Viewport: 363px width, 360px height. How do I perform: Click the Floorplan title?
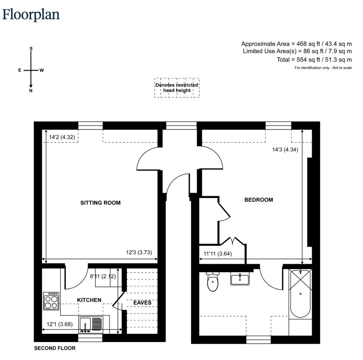pos(31,15)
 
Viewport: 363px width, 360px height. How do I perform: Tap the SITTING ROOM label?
pos(100,203)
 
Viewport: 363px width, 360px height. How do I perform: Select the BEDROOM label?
pos(259,200)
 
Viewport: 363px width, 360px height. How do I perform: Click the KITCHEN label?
pos(89,300)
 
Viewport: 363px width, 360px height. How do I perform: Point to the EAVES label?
pos(142,302)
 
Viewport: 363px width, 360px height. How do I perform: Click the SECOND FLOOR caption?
pos(55,348)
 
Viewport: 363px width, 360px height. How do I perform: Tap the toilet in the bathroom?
pos(213,282)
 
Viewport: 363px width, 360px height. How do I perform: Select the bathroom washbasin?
pos(240,279)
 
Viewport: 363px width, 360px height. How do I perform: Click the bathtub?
pos(300,293)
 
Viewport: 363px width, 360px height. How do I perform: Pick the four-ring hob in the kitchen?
pos(51,301)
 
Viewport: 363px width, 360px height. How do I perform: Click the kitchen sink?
pos(91,325)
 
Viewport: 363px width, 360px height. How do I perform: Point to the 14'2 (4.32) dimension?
pos(62,137)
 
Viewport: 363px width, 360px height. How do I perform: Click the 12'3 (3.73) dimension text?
pos(139,252)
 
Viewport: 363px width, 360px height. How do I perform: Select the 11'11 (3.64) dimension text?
pos(218,254)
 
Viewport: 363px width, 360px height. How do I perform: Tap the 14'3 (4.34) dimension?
pos(285,150)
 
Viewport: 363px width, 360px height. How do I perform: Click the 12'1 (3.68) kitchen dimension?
pos(60,324)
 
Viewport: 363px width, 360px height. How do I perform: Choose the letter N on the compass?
pos(31,91)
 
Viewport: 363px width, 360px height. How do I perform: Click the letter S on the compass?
pos(31,49)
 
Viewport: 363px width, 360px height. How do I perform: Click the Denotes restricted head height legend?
pos(177,88)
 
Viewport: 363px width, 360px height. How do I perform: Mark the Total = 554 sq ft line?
pos(314,60)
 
